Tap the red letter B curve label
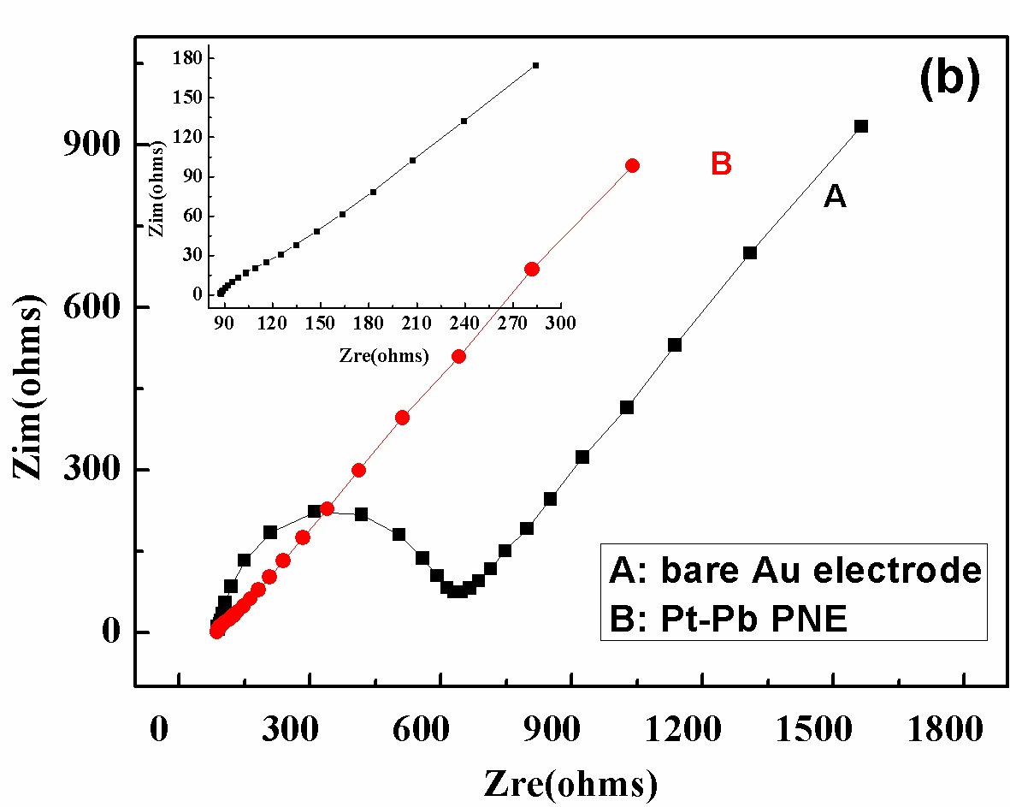721,163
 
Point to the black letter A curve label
834,197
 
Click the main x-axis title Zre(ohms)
570,782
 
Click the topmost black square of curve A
860,126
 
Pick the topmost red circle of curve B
632,165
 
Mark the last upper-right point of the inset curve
535,65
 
